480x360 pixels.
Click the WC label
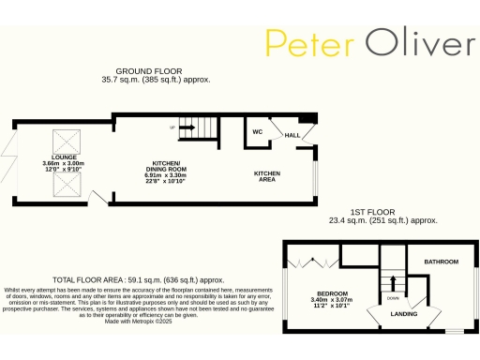[256, 131]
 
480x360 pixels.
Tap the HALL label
[292, 136]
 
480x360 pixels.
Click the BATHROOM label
[440, 261]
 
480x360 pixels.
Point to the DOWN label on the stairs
[393, 299]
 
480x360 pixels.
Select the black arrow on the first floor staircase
[393, 280]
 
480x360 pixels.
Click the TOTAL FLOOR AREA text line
[138, 279]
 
